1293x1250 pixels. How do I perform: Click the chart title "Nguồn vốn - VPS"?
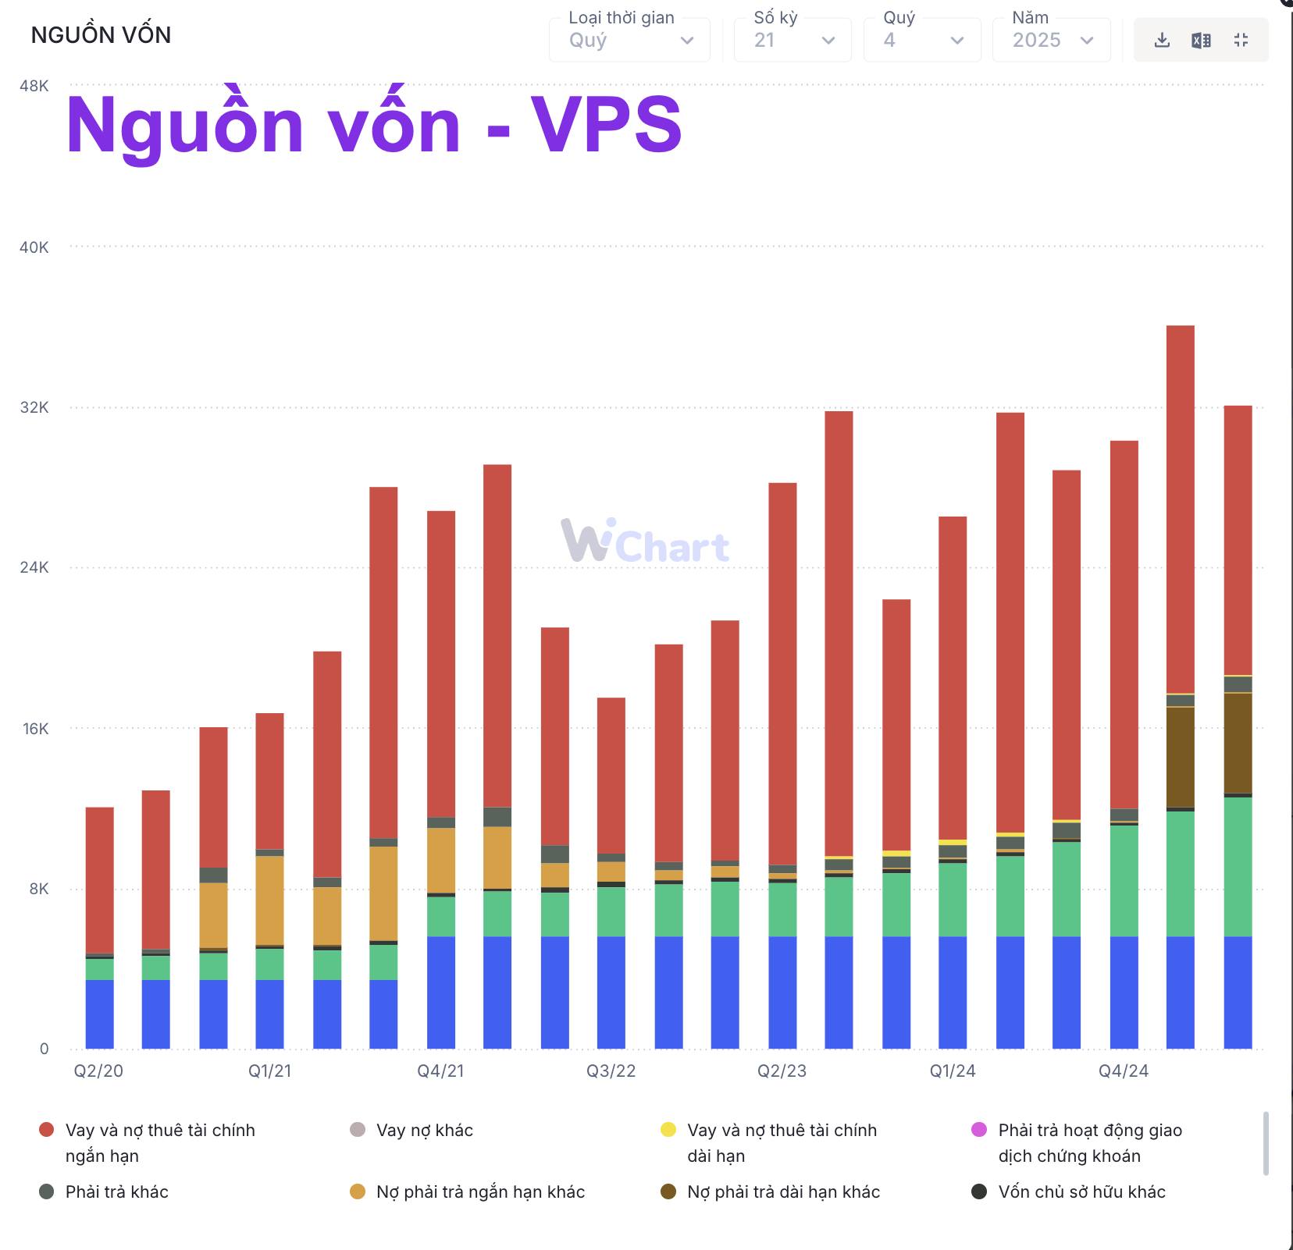[374, 126]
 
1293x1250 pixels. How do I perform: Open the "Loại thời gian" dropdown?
[629, 40]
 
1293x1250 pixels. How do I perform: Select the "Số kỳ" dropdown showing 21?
[793, 40]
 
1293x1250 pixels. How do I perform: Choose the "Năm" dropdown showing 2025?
[1051, 40]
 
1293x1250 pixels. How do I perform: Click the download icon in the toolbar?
[1162, 41]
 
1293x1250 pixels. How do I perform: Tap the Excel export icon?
[1201, 41]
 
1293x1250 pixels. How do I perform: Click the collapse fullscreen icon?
[1241, 41]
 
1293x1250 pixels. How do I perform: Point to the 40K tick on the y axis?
[34, 247]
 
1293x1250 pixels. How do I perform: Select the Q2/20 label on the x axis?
[98, 1071]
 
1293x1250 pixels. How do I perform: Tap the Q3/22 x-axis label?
[611, 1071]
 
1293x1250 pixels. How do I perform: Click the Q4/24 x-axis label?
[1124, 1071]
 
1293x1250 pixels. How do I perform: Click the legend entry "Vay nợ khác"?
[424, 1130]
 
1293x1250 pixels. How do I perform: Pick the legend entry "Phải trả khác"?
[116, 1191]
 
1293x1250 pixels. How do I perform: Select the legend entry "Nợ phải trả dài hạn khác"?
[783, 1191]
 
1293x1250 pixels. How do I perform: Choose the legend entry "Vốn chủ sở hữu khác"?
[1081, 1191]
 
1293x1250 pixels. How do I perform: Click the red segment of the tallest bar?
[1180, 507]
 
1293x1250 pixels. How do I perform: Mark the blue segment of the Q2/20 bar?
[99, 1014]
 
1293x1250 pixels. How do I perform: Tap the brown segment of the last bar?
[1238, 743]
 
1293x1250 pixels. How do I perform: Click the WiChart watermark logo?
[645, 541]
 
